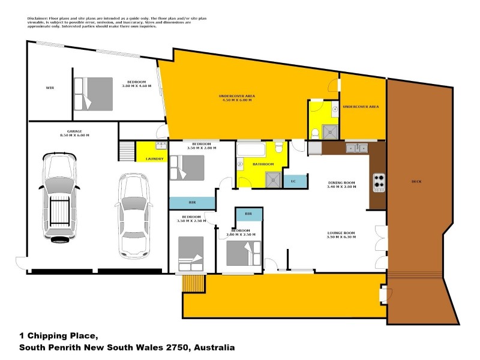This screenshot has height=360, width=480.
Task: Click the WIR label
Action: [50, 88]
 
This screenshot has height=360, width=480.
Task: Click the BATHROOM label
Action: [263, 164]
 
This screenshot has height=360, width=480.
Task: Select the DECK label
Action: [418, 182]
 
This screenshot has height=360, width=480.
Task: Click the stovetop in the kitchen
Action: [379, 182]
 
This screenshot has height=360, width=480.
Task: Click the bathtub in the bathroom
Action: [254, 149]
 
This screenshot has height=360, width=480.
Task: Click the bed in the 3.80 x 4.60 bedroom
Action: [93, 94]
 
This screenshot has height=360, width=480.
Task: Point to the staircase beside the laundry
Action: [127, 150]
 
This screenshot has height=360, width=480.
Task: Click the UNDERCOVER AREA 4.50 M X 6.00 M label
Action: [237, 98]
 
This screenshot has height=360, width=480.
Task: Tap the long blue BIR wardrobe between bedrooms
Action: [191, 203]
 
